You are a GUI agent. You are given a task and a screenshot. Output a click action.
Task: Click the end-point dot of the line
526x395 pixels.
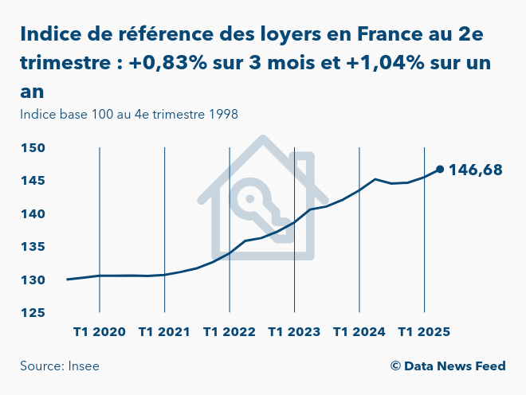(440, 169)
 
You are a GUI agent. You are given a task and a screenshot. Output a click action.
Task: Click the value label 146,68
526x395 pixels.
(476, 170)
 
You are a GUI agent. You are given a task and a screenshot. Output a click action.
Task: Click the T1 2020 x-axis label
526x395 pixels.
(99, 331)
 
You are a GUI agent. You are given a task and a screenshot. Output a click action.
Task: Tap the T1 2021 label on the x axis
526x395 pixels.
(164, 331)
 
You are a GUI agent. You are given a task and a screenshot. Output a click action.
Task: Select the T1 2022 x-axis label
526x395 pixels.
(229, 331)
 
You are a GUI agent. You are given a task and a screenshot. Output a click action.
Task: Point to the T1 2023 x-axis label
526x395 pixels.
(294, 331)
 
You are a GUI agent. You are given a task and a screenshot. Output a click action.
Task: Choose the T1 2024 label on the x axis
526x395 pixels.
(359, 331)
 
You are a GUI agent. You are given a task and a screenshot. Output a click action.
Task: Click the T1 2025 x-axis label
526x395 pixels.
(424, 331)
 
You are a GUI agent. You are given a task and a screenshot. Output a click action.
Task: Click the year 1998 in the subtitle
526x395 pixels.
(223, 114)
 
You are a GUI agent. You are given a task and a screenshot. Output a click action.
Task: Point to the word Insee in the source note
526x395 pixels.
(83, 366)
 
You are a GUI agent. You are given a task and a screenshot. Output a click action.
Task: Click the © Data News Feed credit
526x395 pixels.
(448, 366)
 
